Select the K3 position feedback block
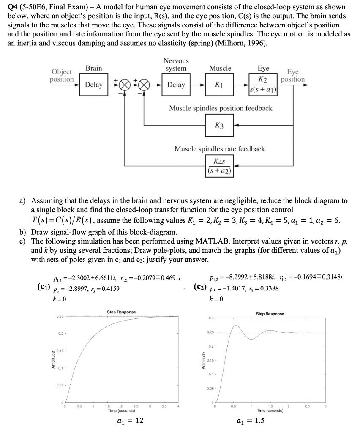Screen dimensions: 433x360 coord(218,126)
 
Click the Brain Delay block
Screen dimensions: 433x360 coord(93,85)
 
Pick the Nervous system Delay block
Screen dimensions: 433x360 coord(176,85)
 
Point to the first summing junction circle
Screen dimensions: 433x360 coord(125,85)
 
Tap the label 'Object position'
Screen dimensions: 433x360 coord(62,76)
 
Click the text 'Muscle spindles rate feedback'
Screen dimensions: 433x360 coord(220,149)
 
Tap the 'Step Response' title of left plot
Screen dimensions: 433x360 coord(122,312)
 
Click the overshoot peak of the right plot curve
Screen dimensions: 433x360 coord(236,326)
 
